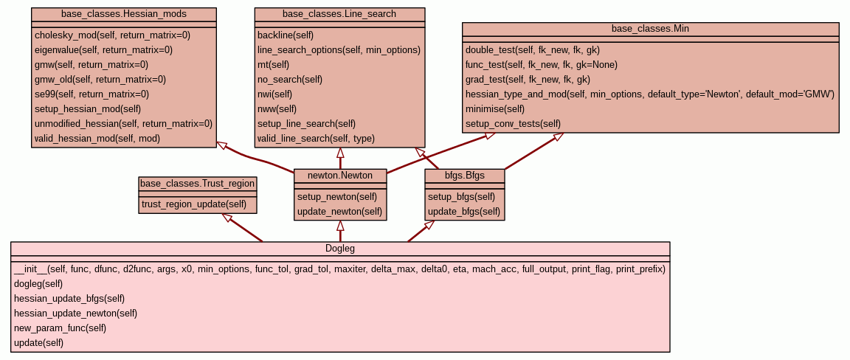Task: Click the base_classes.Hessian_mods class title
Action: point(124,14)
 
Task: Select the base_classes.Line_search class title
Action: point(339,14)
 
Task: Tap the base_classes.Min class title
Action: point(650,29)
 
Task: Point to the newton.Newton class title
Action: point(339,176)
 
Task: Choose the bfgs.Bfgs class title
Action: point(464,176)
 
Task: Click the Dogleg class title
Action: point(340,249)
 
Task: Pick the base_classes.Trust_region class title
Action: point(198,184)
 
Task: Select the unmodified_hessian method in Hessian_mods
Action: point(123,123)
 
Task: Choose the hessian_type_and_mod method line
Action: point(649,94)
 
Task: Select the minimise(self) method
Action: point(495,109)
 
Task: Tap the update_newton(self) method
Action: point(339,212)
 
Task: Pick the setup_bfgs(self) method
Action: point(461,197)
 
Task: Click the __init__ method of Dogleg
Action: point(339,269)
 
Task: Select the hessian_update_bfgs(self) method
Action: point(69,298)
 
